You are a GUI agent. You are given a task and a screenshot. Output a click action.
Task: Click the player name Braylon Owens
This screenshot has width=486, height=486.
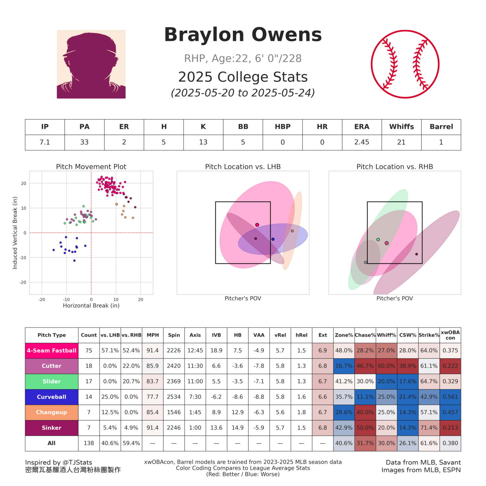pyautogui.click(x=243, y=35)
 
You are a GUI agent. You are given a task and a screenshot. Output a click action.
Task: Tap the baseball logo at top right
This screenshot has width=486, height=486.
pyautogui.click(x=405, y=64)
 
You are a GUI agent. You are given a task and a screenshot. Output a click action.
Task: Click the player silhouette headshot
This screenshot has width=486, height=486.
pyautogui.click(x=91, y=64)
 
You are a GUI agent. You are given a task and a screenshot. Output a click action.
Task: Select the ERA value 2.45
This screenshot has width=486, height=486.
pyautogui.click(x=362, y=142)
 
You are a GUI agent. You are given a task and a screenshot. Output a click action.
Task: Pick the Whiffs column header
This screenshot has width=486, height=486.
pyautogui.click(x=401, y=127)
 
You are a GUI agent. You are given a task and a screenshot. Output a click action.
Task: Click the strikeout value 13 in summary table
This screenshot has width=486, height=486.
pyautogui.click(x=203, y=142)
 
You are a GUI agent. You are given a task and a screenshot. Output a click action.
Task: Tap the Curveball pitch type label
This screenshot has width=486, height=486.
pyautogui.click(x=52, y=397)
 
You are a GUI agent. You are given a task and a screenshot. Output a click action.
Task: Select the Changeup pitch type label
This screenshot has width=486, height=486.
pyautogui.click(x=52, y=412)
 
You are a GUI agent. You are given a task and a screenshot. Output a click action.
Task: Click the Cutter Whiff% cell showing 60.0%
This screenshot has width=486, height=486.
pyautogui.click(x=386, y=366)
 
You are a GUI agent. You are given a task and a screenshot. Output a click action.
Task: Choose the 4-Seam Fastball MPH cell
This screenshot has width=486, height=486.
pyautogui.click(x=152, y=350)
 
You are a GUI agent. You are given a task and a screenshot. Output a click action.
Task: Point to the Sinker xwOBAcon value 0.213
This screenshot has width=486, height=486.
pyautogui.click(x=450, y=428)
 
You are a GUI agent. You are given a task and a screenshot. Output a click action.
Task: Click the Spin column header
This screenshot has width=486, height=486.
pyautogui.click(x=174, y=335)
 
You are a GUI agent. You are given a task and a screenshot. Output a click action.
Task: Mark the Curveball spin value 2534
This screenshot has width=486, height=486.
pyautogui.click(x=174, y=397)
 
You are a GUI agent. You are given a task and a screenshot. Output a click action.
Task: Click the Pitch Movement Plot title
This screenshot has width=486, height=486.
pyautogui.click(x=91, y=167)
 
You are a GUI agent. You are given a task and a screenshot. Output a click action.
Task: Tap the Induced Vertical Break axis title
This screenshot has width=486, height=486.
pyautogui.click(x=15, y=233)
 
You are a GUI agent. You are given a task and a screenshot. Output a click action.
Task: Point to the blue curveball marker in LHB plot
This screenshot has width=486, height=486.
pyautogui.click(x=273, y=239)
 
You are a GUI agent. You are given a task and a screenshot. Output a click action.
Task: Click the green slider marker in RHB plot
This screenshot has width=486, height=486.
pyautogui.click(x=378, y=240)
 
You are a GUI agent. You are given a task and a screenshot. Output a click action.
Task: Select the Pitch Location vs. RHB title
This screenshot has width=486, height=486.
pyautogui.click(x=394, y=167)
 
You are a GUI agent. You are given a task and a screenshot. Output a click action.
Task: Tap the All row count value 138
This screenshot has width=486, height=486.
pyautogui.click(x=89, y=443)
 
